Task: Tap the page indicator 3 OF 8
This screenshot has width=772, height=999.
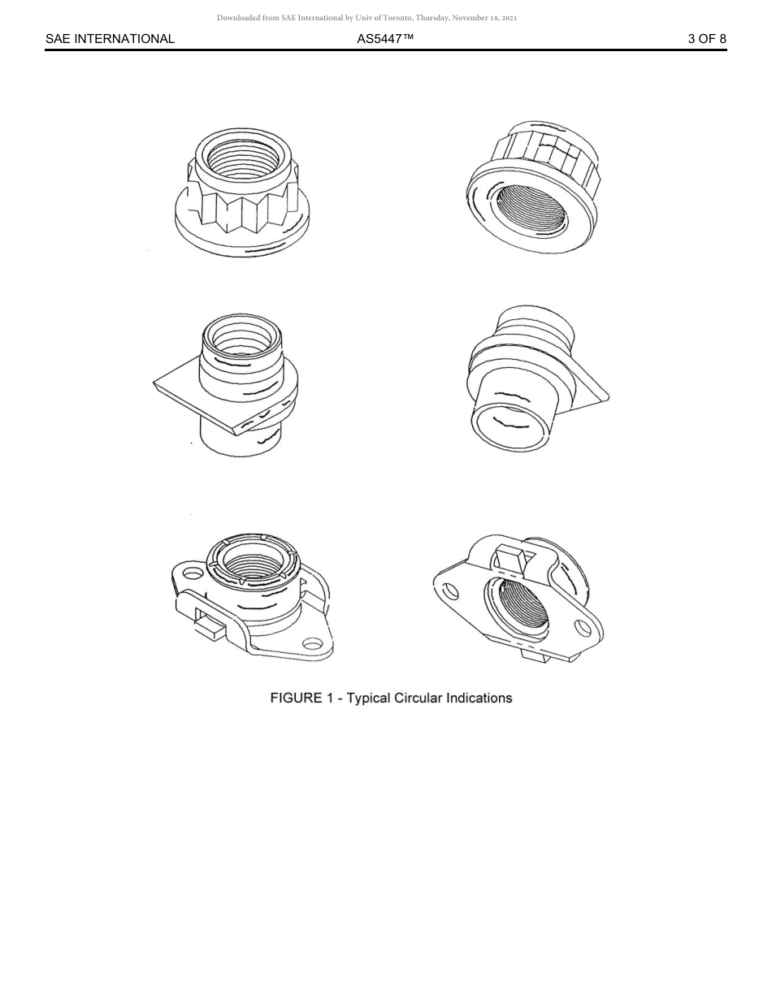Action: [707, 38]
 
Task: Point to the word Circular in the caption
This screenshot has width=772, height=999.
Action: [421, 698]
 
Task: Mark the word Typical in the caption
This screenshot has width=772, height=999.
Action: [369, 698]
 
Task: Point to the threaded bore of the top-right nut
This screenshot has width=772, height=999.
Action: [530, 214]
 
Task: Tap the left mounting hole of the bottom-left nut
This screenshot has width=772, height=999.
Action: [193, 573]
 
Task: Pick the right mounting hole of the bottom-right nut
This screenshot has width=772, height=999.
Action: [583, 628]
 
